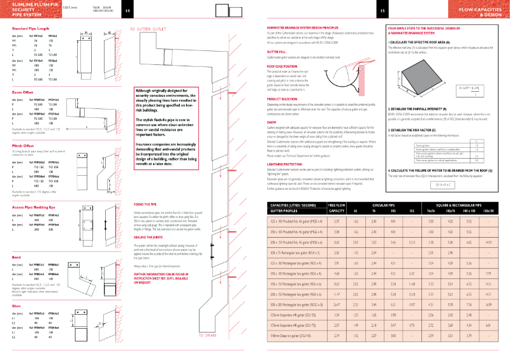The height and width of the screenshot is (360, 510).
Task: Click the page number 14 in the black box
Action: tap(127, 11)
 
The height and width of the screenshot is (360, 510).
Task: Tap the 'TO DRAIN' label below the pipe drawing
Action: tap(208, 335)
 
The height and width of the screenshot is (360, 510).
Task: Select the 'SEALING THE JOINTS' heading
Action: tap(150, 254)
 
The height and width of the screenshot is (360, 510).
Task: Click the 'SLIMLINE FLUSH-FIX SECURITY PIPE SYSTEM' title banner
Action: tap(25, 11)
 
